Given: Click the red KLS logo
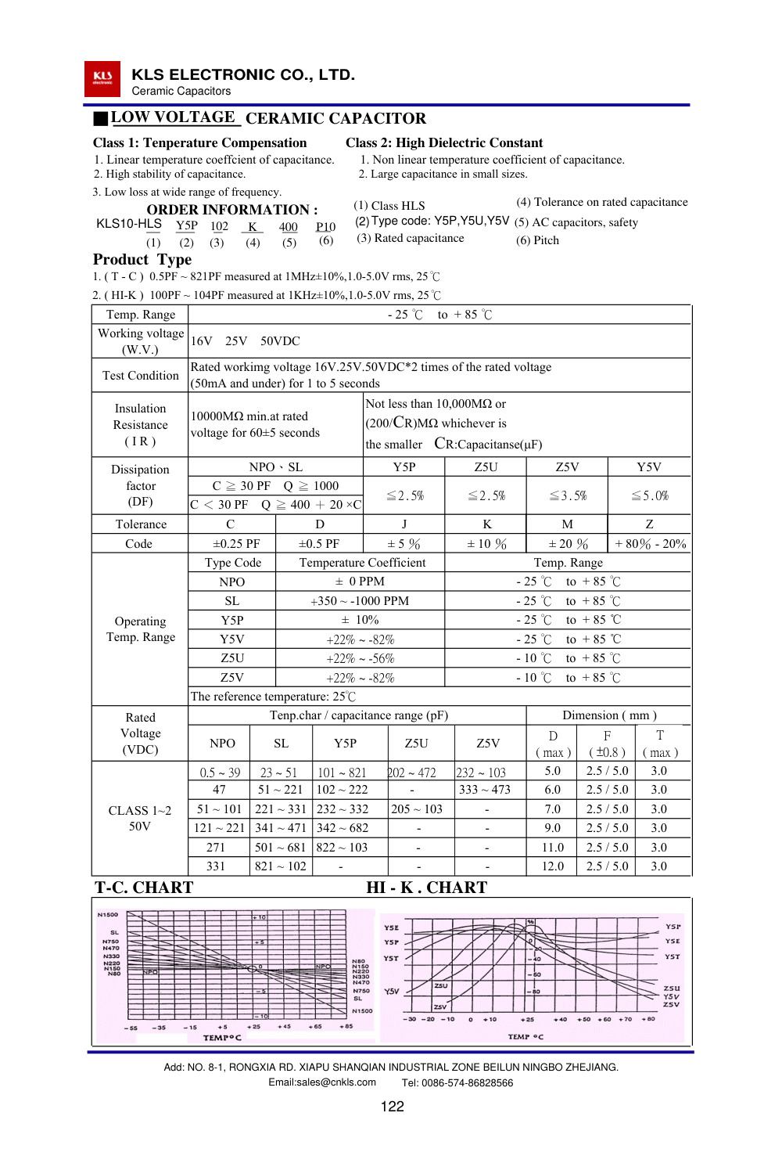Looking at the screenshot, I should (x=102, y=79).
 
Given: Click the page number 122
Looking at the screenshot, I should (x=392, y=1106).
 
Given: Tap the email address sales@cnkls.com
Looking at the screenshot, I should (x=322, y=1082).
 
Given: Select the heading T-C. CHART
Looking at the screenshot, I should (x=144, y=888).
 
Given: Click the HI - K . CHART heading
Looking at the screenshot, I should (x=426, y=888).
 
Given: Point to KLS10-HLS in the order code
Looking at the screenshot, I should (x=128, y=224).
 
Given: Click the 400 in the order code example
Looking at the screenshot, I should (x=289, y=227).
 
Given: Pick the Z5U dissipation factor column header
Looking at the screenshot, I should (x=486, y=467).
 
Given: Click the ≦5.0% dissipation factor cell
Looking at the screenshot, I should (x=649, y=495).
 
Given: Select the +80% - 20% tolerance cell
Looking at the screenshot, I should (x=650, y=544).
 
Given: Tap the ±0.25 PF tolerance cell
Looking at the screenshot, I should (x=236, y=544).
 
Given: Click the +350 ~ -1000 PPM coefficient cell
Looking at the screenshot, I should (x=360, y=601).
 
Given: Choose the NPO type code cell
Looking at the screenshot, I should (x=232, y=582).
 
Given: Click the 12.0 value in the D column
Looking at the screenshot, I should (x=553, y=866).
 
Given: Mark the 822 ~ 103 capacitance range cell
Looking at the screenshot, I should (x=342, y=848).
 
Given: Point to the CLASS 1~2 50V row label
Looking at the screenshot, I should (x=140, y=819).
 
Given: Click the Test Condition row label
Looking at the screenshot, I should (x=141, y=376).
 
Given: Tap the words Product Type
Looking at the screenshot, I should (x=142, y=260).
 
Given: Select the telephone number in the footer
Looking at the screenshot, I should (x=457, y=1083).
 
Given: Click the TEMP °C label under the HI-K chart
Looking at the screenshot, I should (x=526, y=1037).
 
